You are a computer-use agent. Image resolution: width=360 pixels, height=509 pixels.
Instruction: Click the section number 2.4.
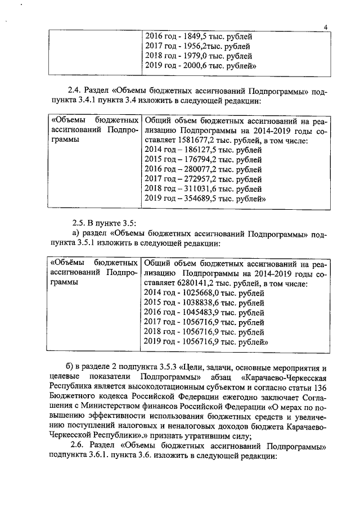pos(75,92)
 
